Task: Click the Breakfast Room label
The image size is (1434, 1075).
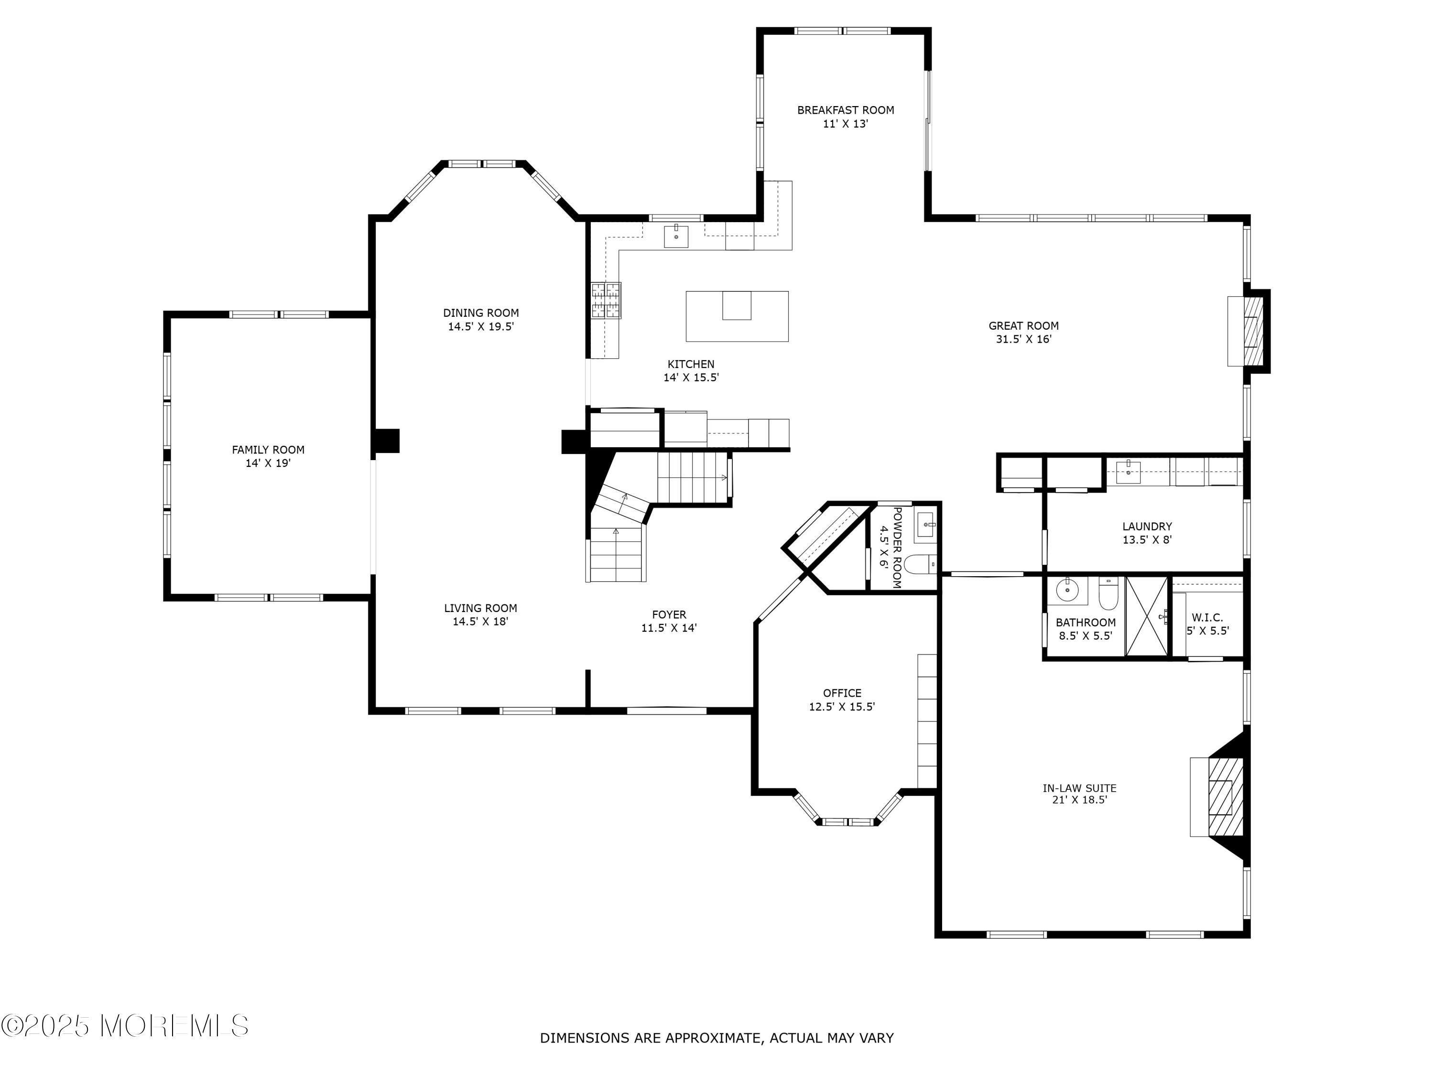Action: [x=846, y=110]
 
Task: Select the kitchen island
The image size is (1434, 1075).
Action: [x=737, y=316]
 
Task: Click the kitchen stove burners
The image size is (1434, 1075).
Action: [x=606, y=301]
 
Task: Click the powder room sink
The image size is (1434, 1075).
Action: [x=926, y=526]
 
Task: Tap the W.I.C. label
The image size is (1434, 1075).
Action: [x=1207, y=618]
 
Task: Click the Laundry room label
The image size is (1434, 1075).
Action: [x=1147, y=526]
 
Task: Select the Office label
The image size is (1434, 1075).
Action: [x=842, y=693]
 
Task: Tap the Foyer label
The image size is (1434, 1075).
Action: [x=669, y=614]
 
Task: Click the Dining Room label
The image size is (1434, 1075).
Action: [x=480, y=313]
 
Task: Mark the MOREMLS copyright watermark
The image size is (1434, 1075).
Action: [x=125, y=1026]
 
